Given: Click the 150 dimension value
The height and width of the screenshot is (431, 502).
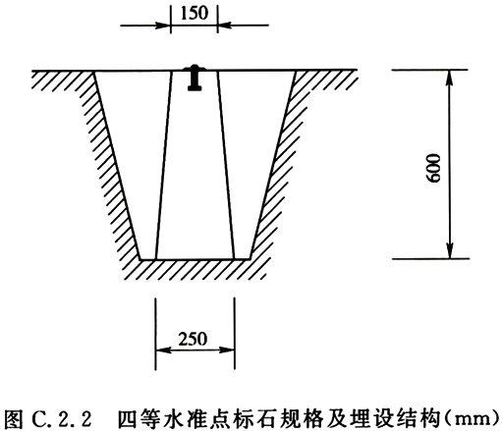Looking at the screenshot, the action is [195, 13].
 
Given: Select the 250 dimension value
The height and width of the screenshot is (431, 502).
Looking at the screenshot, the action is [193, 339].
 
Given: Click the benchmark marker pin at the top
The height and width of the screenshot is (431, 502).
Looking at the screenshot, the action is [195, 78].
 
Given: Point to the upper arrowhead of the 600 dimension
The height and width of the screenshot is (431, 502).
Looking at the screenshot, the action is [450, 78].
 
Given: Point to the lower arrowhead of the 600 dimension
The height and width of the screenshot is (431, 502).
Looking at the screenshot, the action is [450, 250].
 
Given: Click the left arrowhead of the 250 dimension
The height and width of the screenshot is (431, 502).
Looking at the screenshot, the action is [163, 350].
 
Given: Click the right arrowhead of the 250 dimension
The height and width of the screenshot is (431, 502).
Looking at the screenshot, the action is [227, 350].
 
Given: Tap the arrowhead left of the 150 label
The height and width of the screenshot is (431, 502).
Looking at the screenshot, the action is [163, 25].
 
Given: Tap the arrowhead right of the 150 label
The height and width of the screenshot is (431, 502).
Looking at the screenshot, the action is [225, 25].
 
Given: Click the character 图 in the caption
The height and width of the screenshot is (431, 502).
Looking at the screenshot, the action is [15, 418].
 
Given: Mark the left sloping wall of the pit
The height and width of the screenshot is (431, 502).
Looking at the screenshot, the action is [118, 165].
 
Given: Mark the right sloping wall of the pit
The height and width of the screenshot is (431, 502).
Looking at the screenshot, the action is [273, 165].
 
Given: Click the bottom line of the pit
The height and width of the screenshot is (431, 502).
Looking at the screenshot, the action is [195, 259].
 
